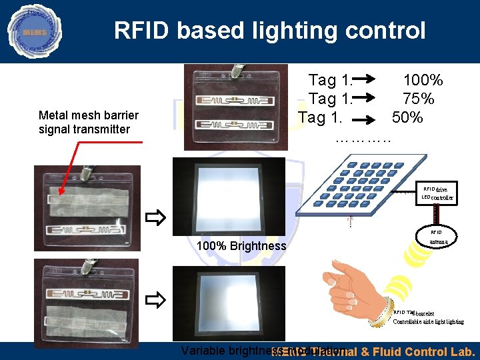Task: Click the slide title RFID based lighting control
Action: point(269,30)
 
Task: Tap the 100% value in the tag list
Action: point(423,81)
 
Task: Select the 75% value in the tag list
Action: point(418,99)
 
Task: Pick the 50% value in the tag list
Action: point(407,118)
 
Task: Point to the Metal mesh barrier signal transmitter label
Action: point(89,122)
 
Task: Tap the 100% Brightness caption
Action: point(241,246)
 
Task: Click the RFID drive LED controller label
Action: point(437,193)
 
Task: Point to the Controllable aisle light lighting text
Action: point(428,322)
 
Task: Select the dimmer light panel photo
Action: point(229,303)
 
